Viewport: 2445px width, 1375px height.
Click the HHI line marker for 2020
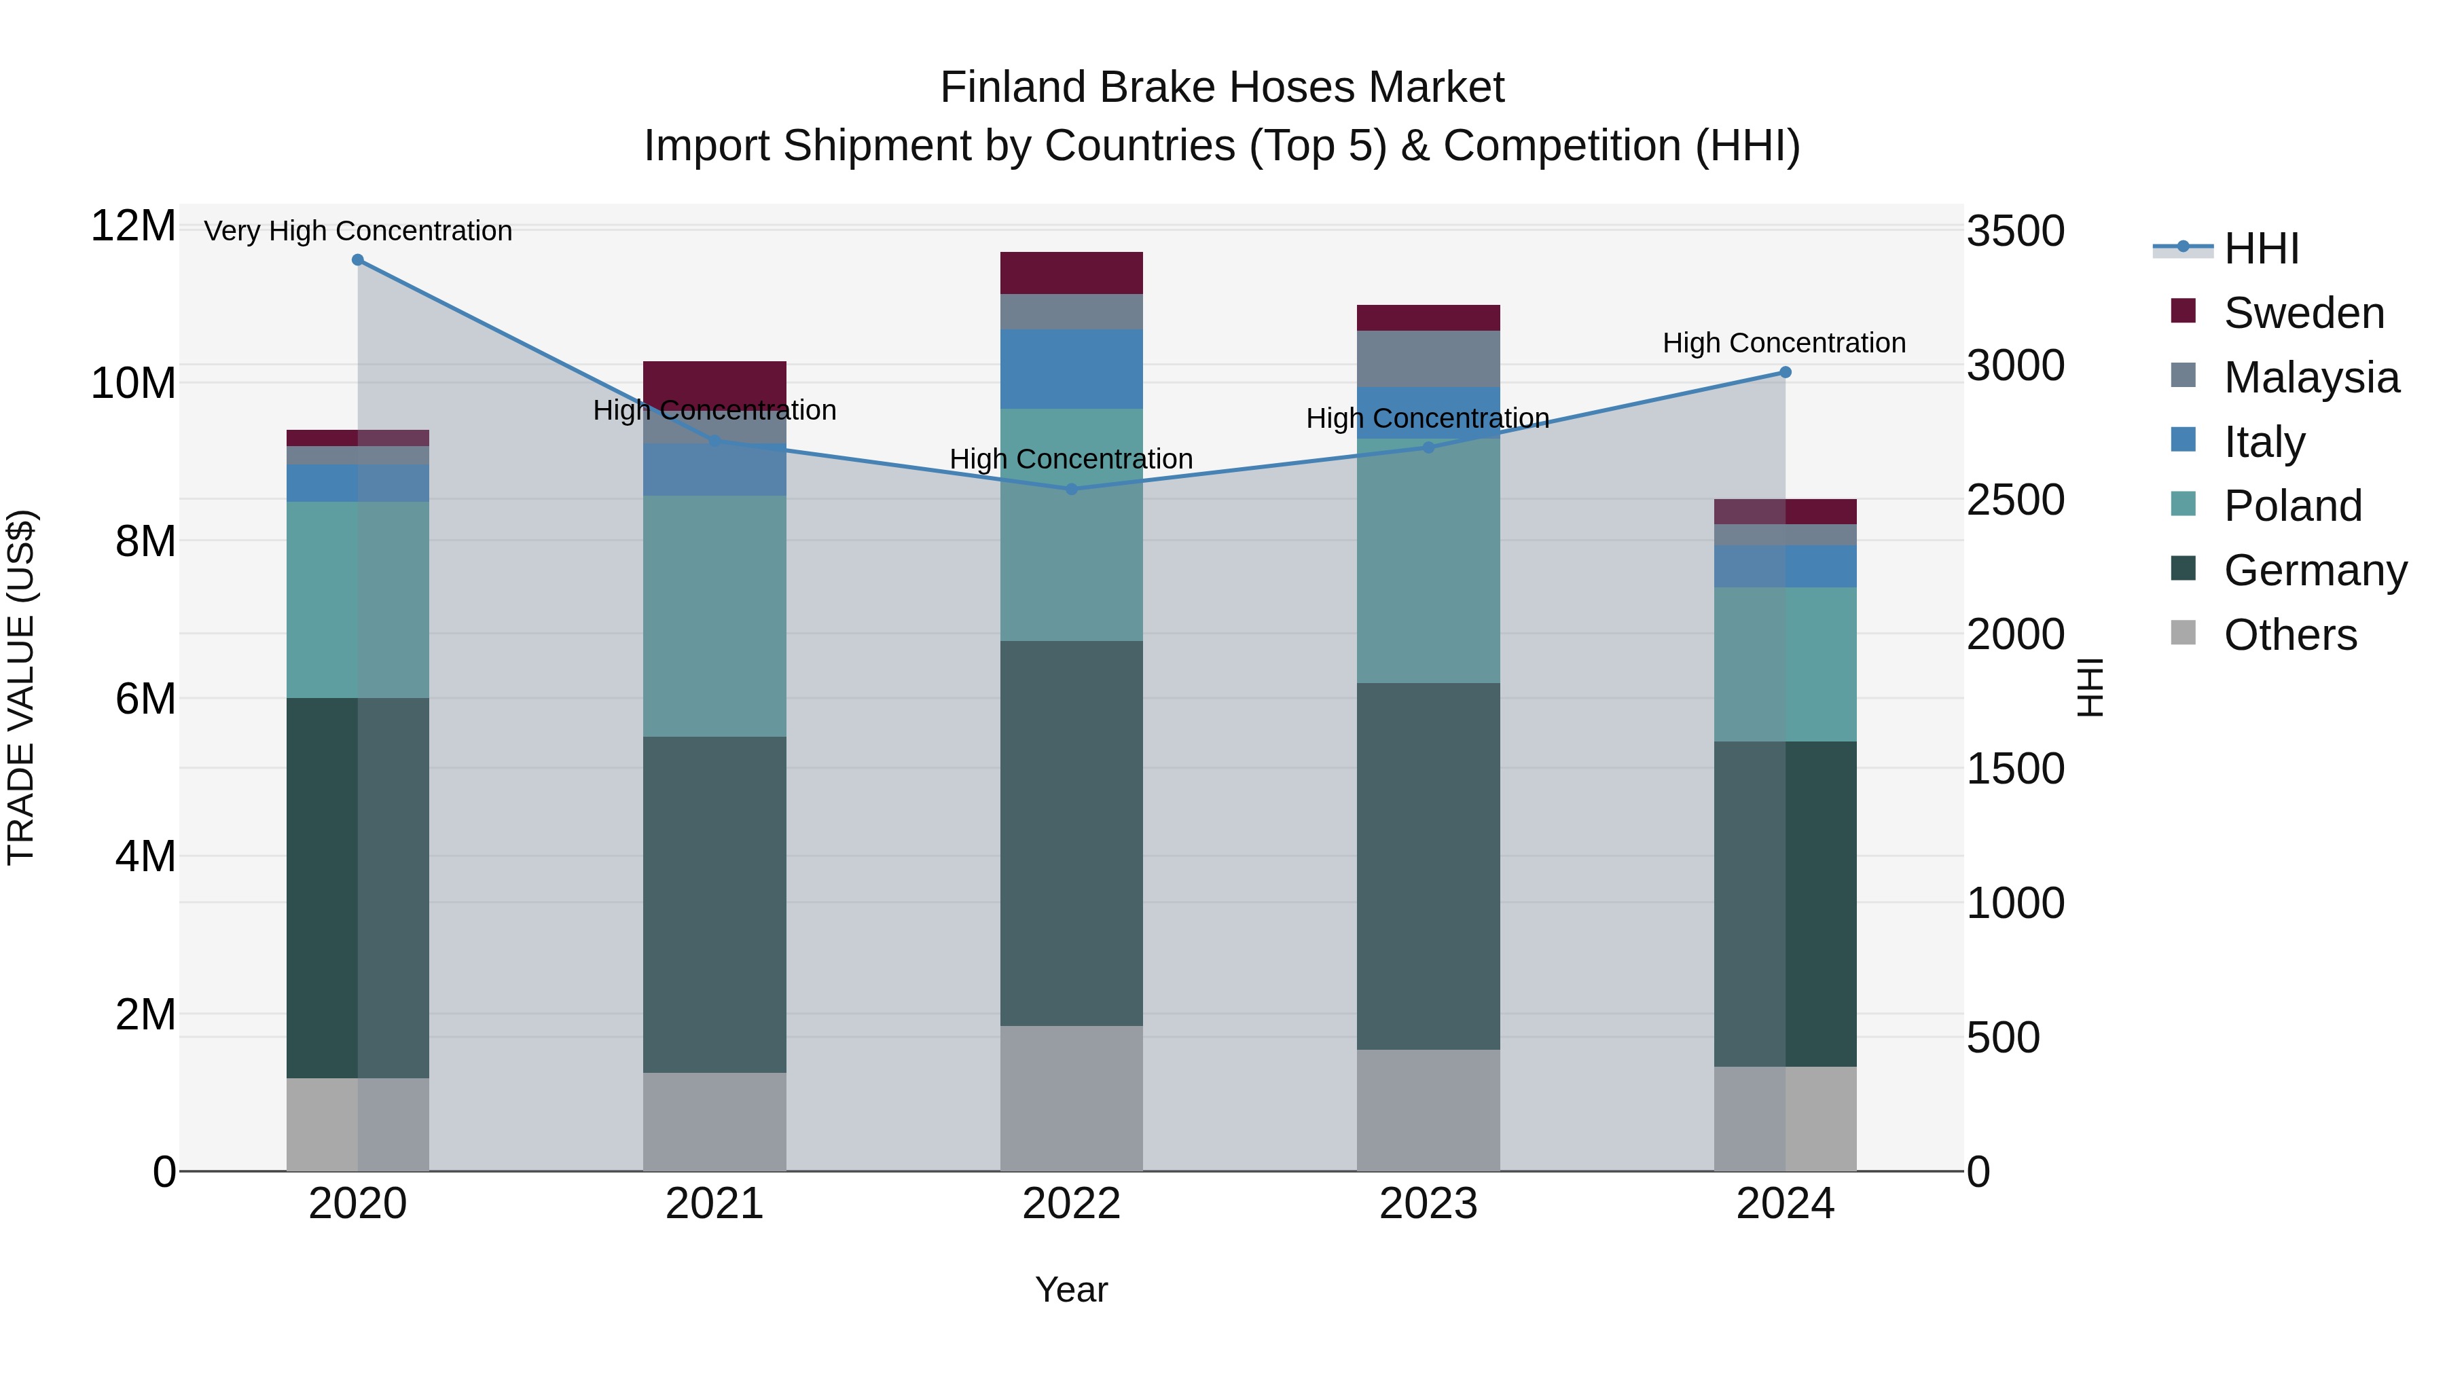point(358,260)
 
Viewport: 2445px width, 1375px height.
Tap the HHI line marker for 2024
point(1786,372)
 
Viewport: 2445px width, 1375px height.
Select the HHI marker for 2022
point(1072,489)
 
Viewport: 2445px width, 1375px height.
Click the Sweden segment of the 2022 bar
point(1072,273)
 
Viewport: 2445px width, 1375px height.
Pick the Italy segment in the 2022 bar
point(1072,369)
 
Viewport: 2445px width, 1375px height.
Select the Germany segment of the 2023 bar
point(1428,866)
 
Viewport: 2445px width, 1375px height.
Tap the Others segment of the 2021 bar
point(714,1122)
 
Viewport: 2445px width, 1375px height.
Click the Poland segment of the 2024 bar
point(1786,664)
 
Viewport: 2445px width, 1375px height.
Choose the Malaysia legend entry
point(2311,378)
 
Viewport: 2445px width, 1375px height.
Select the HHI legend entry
point(2261,249)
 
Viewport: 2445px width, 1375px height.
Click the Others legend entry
point(2289,635)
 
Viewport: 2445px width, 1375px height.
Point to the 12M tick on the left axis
point(133,227)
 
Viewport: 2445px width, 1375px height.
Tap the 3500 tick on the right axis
point(2015,232)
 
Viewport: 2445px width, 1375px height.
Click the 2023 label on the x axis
point(1428,1204)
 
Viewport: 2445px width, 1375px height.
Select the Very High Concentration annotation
point(358,231)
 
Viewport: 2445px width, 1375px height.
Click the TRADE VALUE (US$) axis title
point(22,687)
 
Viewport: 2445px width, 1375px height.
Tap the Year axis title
point(1072,1289)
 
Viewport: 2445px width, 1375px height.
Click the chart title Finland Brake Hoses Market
point(1222,88)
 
